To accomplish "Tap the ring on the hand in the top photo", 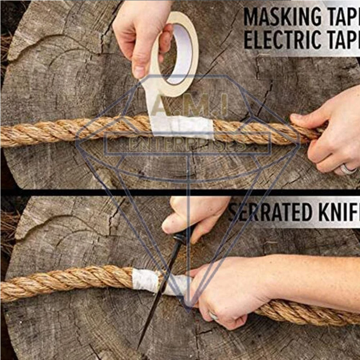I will tap(347, 169).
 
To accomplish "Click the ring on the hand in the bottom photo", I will tap(213, 316).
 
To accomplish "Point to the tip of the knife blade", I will tap(138, 347).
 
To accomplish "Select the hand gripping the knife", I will tap(194, 216).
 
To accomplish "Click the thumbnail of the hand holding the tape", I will tap(139, 72).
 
